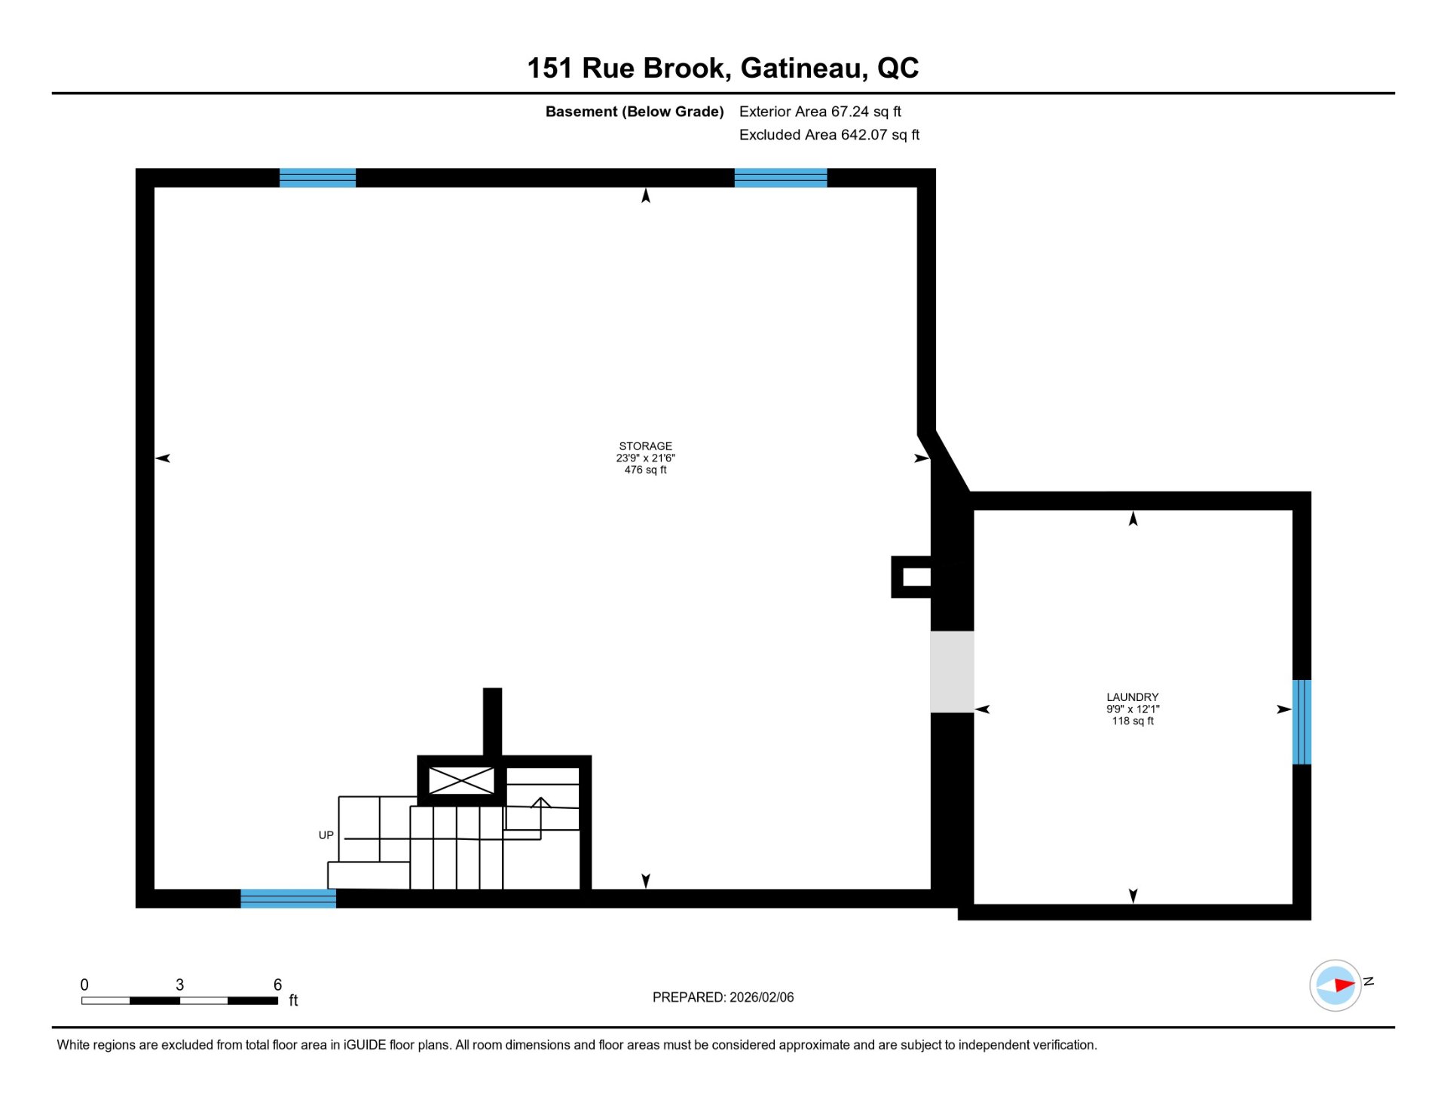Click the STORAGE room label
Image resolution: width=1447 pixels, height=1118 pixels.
(645, 446)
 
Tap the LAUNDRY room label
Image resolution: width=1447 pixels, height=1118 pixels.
(1132, 697)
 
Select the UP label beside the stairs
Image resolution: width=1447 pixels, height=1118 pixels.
(326, 835)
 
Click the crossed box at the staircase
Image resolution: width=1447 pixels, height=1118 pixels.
(461, 781)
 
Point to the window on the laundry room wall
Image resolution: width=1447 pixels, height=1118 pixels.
(1302, 722)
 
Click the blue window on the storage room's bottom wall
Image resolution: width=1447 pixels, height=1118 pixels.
(288, 899)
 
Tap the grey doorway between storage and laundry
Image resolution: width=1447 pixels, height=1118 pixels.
(952, 672)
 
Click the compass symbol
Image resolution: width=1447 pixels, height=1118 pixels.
(1335, 985)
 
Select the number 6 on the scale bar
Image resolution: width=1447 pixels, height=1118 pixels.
(277, 985)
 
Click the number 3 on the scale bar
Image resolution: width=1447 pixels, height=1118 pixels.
(179, 985)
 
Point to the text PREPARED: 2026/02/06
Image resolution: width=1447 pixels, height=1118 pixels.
(723, 997)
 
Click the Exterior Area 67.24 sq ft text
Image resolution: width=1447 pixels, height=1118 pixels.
(820, 112)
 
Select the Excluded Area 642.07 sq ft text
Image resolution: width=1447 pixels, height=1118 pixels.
(829, 135)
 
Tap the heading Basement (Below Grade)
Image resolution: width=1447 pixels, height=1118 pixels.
(635, 112)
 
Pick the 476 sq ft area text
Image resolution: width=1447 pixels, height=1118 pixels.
(645, 470)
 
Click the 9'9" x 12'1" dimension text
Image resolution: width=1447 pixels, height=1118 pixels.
(1132, 709)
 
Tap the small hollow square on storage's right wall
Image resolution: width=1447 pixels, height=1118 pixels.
(911, 577)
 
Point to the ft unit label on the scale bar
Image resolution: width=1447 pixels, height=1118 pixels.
(293, 1000)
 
